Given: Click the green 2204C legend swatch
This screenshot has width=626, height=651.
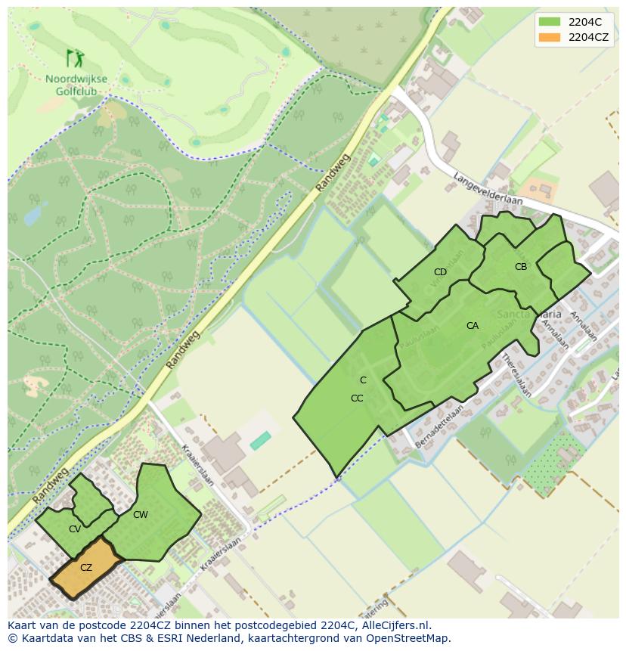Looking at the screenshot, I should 550,22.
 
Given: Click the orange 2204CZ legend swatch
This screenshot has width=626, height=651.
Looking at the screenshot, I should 550,37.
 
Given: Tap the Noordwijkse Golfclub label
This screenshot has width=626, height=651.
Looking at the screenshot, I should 76,85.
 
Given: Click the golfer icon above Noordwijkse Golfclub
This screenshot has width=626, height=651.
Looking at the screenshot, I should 75,58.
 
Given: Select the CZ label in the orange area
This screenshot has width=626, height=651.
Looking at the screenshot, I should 86,568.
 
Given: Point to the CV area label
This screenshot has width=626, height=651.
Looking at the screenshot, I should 74,529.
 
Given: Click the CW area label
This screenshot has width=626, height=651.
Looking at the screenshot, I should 140,515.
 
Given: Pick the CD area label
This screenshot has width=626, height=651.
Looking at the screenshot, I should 440,272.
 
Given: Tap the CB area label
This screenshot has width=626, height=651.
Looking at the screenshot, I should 521,267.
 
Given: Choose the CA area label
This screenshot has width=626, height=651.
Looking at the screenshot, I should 473,326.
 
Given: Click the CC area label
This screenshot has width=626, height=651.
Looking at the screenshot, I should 357,398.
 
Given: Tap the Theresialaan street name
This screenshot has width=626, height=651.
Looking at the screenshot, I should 517,374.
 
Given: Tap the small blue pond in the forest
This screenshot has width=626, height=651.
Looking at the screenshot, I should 33,215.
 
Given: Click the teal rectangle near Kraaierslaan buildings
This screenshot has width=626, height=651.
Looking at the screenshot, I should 261,440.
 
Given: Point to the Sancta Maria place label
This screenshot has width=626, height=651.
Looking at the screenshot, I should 529,314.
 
